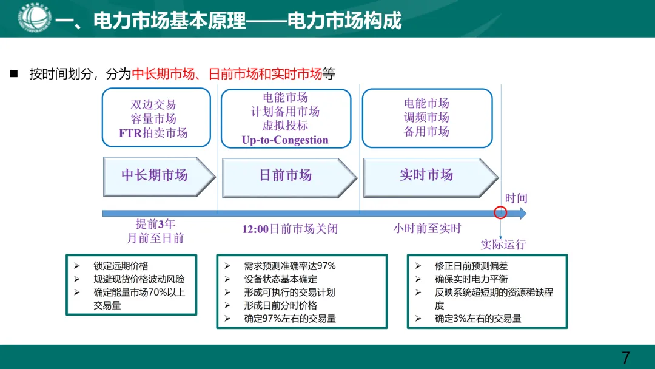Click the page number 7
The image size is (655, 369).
tap(625, 357)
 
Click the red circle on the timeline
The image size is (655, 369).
tap(500, 213)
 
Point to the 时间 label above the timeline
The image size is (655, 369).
tap(516, 198)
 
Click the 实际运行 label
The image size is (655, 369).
tap(503, 245)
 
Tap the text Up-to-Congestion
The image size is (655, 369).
tap(285, 140)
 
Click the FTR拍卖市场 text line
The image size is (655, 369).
tap(153, 133)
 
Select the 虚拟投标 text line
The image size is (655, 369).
tap(285, 126)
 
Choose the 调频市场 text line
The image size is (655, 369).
tap(427, 117)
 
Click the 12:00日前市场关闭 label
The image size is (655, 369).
tap(290, 229)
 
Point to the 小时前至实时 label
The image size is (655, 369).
tap(427, 229)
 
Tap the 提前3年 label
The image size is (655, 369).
tap(155, 224)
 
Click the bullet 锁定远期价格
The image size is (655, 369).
tap(121, 266)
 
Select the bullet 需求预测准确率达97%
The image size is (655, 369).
tap(289, 266)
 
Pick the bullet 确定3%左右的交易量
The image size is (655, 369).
tap(478, 318)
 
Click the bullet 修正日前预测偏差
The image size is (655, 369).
tap(471, 266)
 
